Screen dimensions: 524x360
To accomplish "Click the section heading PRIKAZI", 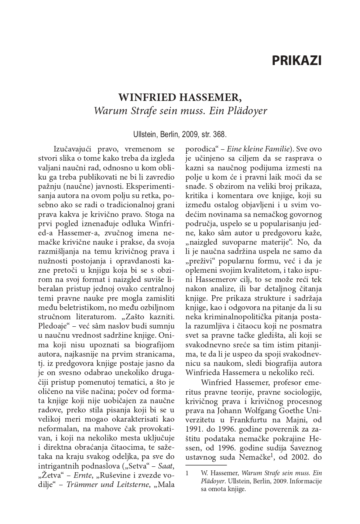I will tap(296, 60).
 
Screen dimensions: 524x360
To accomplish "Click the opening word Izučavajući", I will tap(72, 149).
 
